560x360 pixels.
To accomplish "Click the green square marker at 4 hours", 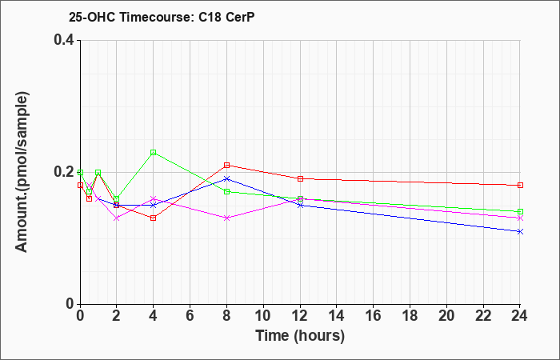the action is coord(154,153).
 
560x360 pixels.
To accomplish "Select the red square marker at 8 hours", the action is coord(226,165).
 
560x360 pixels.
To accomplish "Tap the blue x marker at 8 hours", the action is coord(226,178).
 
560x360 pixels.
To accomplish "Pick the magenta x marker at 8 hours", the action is coord(226,218).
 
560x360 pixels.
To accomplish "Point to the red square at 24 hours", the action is coord(520,185).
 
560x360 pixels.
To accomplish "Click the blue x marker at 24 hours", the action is coord(520,231).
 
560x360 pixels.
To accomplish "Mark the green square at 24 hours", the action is coord(520,211).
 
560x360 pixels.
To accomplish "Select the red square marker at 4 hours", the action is coord(154,218).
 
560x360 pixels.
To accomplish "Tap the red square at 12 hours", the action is coord(300,178).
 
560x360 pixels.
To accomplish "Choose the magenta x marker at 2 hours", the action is coord(117,218).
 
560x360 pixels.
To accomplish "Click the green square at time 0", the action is coord(80,172).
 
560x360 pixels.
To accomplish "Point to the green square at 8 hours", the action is coord(226,192).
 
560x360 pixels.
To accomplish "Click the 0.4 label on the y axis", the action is coord(64,40).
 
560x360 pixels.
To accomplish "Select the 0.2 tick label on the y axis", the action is coord(64,172).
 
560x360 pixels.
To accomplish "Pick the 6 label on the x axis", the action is coord(190,315).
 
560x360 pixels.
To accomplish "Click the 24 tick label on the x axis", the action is coord(520,315).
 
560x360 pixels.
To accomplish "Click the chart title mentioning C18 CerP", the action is coord(162,17).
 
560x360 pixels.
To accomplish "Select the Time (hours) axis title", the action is coord(300,336).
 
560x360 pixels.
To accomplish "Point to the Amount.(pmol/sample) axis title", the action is coord(22,172).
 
